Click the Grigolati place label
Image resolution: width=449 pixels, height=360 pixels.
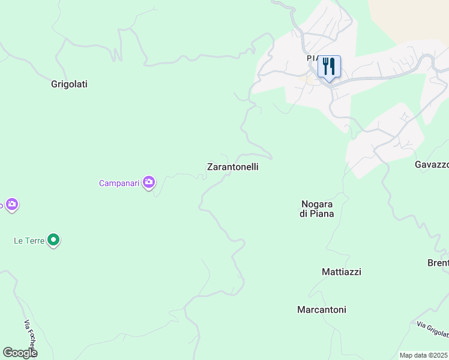coord(69,84)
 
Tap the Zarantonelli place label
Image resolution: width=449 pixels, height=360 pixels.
coord(232,167)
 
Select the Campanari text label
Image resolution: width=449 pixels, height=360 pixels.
coord(119,182)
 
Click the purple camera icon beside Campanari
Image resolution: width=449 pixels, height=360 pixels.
coord(149,182)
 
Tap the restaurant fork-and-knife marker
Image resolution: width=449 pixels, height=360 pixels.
coord(329,66)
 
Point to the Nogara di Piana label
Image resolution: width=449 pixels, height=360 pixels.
coord(317,208)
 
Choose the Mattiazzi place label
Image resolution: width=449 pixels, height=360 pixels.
coord(341,272)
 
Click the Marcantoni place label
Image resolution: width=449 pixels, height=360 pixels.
coord(321,310)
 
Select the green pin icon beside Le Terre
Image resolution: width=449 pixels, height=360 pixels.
coord(54,241)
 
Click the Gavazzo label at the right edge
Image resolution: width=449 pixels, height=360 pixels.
coord(432,164)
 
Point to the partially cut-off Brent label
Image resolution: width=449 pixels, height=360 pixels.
coord(438,263)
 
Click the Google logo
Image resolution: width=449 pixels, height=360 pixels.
coord(20,353)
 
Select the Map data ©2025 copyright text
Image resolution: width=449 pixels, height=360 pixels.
coord(424,355)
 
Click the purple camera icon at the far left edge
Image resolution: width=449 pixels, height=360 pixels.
coord(12,205)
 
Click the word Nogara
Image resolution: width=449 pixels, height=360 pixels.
coord(317,203)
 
